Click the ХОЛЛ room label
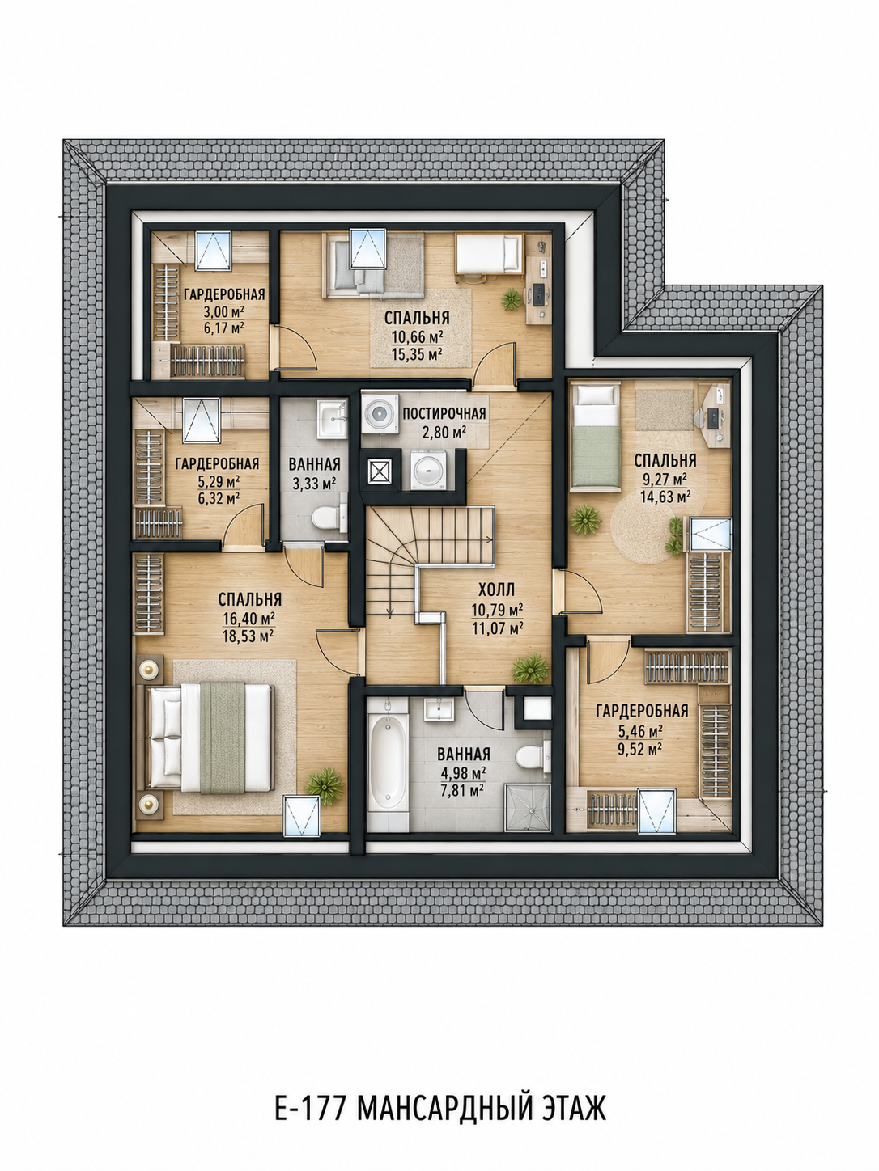coord(496,590)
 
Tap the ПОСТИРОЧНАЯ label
coord(444,413)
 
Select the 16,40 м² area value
coord(248,619)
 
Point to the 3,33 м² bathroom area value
coord(314,484)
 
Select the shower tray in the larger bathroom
coord(527,808)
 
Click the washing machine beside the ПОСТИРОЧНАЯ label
coord(380,413)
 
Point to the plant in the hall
coord(530,668)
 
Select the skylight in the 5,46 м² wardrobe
coord(657,811)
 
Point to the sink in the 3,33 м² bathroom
coord(332,418)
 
